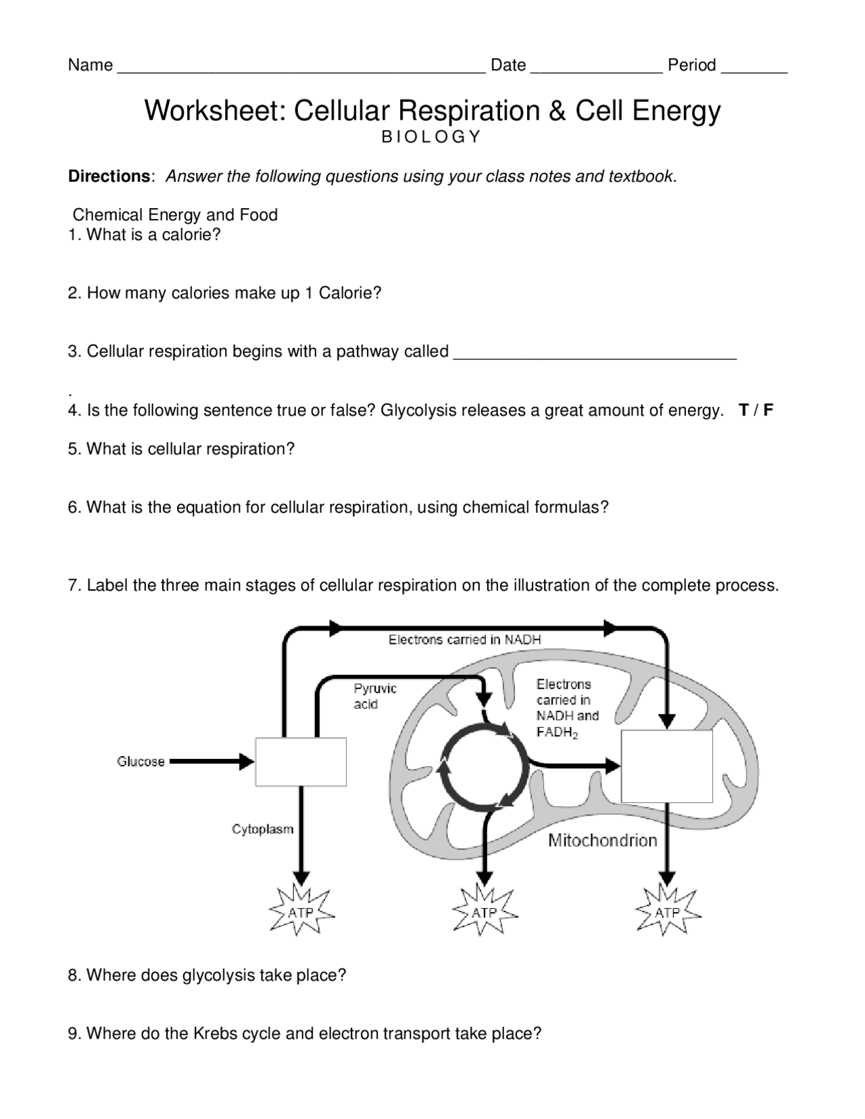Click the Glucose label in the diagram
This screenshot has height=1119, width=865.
point(141,762)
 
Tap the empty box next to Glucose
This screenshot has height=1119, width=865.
point(301,762)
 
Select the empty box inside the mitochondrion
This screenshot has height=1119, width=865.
point(666,766)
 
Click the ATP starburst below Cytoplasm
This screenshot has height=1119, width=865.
point(301,912)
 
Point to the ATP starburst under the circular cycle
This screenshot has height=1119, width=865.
point(484,912)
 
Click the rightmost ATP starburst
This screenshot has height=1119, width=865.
point(668,912)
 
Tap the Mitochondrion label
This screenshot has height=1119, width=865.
point(602,841)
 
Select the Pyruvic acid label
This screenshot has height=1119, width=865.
point(374,696)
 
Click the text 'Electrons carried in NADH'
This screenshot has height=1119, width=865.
point(464,639)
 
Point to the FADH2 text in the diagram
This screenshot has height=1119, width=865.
point(557,732)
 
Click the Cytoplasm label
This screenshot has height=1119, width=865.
point(262,829)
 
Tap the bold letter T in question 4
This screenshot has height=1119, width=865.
point(743,410)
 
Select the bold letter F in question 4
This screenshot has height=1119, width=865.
point(768,410)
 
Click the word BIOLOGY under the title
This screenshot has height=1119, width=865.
point(431,137)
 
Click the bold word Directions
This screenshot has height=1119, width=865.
point(108,176)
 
